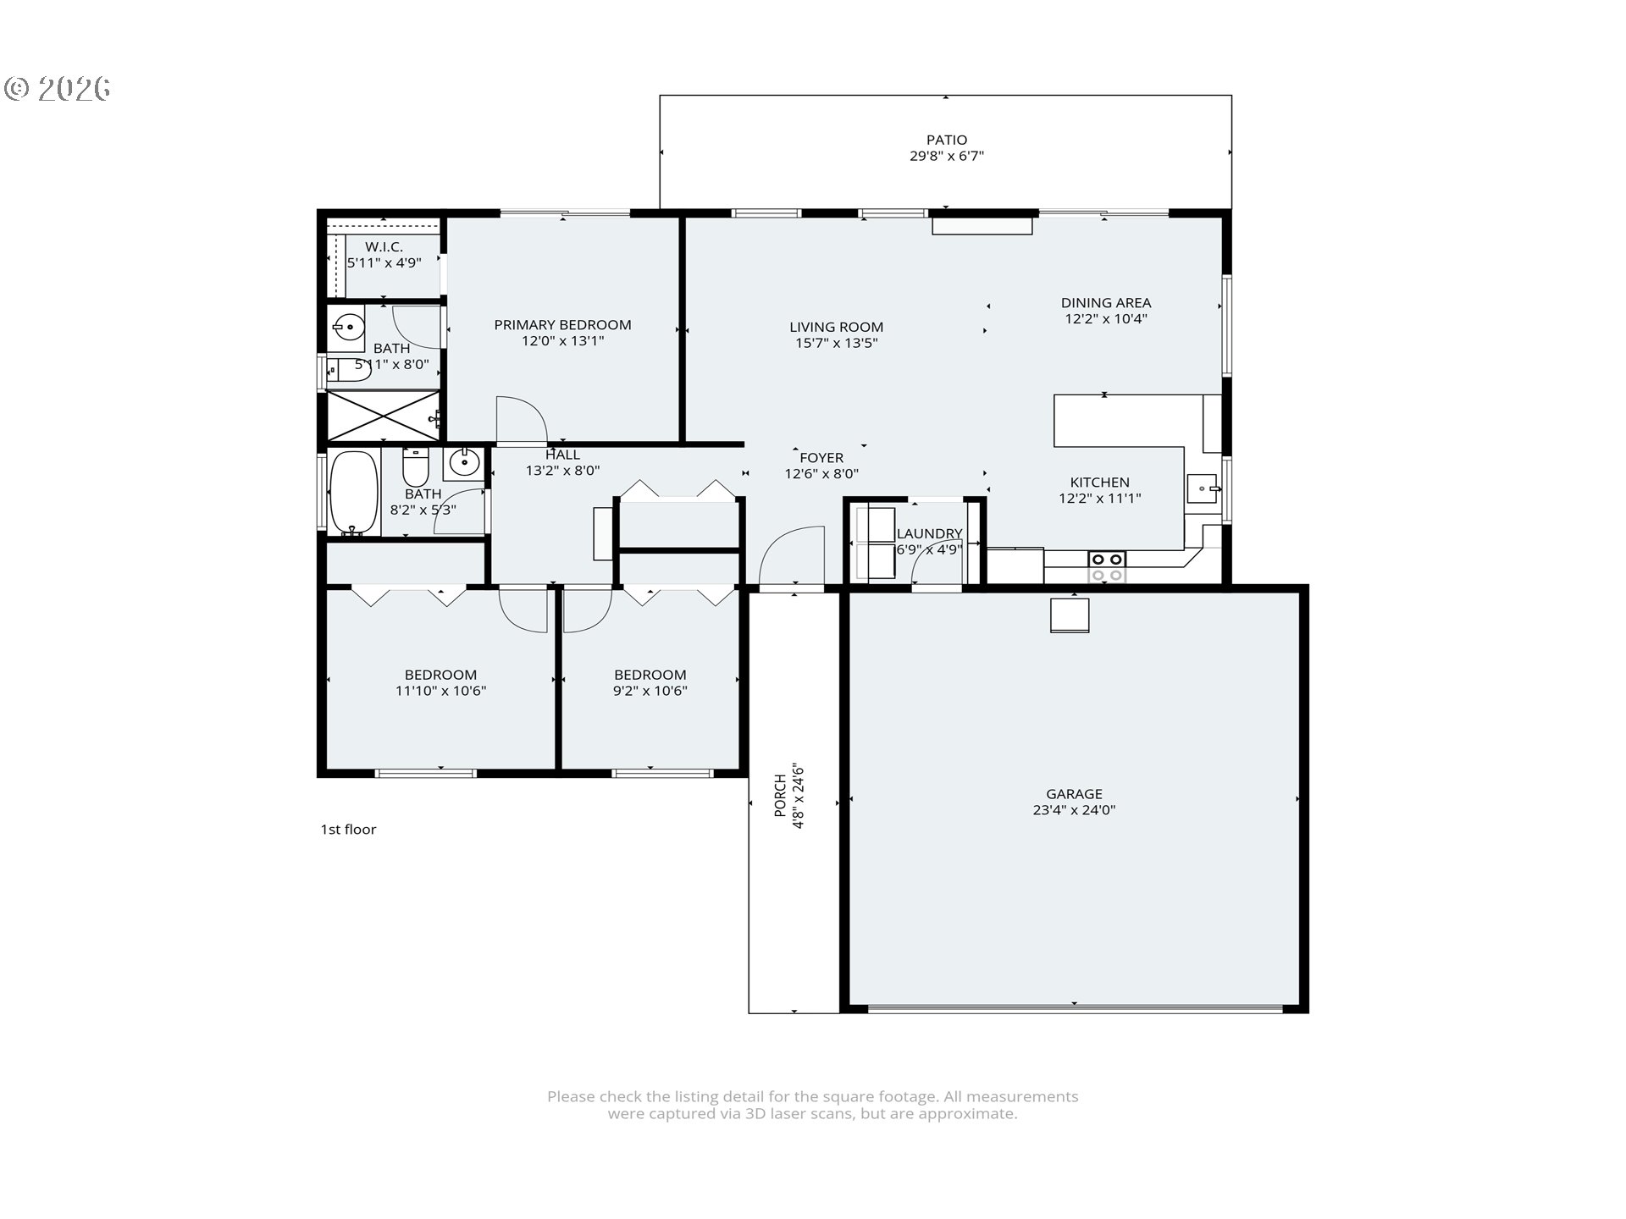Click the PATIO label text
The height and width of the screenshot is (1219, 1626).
click(946, 140)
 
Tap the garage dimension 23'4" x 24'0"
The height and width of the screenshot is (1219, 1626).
click(1074, 810)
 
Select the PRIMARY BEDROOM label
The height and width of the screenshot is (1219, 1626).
click(562, 325)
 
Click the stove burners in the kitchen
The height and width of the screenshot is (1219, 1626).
click(1107, 566)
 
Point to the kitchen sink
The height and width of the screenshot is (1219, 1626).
click(1203, 488)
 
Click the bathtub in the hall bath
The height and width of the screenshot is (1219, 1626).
click(353, 493)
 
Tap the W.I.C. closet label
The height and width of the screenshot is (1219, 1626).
click(384, 247)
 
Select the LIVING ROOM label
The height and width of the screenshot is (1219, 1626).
click(836, 327)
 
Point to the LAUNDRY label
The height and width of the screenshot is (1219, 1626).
click(929, 533)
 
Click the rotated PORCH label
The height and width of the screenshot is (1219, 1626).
click(780, 797)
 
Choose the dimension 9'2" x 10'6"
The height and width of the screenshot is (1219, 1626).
click(650, 691)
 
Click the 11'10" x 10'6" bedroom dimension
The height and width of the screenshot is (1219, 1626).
click(440, 691)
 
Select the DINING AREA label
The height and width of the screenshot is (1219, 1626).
click(1105, 303)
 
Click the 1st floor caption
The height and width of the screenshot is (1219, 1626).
click(348, 830)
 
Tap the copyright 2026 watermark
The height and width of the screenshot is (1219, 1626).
click(58, 89)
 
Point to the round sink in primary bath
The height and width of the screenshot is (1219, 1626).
click(347, 326)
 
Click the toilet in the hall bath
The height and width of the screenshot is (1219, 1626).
click(416, 467)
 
